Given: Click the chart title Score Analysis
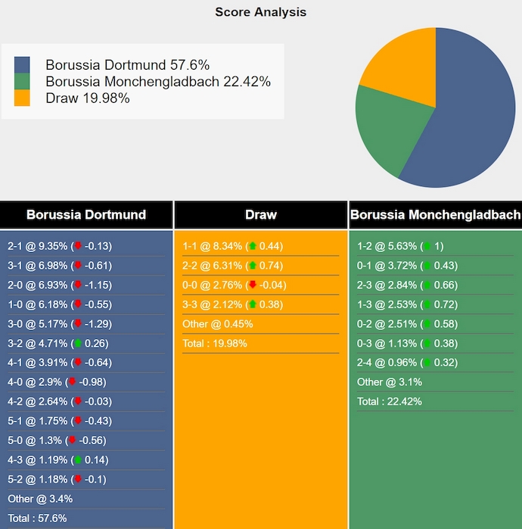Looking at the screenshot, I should coord(260,12).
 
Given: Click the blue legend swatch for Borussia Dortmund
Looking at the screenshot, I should coord(22,65).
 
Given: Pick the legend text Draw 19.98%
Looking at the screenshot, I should coord(88,98).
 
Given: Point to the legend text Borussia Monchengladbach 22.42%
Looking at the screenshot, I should coord(158,82).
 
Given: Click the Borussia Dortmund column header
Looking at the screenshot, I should coord(86,215).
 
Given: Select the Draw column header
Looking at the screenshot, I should coord(260,215).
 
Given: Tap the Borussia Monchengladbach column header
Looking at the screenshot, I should coord(435,215).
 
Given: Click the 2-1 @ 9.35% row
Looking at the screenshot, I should coord(60,246).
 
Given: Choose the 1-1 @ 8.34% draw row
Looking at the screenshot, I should coord(232,246).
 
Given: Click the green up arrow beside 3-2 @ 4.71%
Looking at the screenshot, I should coord(77,343).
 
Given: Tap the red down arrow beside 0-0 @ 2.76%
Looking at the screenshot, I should coord(253,285).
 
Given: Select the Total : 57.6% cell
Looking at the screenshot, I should coord(37,518).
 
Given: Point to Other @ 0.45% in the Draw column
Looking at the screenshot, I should coord(218,324).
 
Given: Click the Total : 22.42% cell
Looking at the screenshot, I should coord(390,401).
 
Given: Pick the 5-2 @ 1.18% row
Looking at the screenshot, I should coord(57,479).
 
